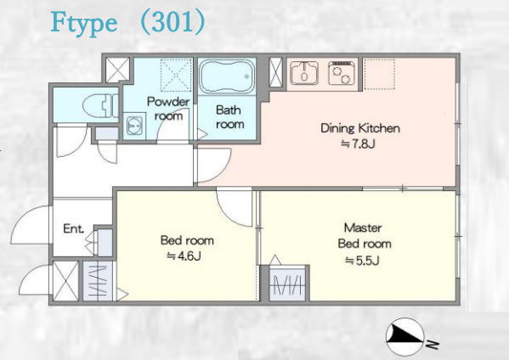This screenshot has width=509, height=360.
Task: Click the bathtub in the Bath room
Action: (227, 76)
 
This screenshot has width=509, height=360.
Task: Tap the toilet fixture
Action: (100, 105)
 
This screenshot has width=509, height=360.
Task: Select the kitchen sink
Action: (304, 73)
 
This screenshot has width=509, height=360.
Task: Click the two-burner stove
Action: (341, 73)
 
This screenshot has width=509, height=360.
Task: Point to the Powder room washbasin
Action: (134, 126)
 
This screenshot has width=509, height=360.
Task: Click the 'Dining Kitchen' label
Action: (360, 128)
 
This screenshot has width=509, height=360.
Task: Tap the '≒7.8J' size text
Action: (358, 143)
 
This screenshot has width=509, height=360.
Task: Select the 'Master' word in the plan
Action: (363, 228)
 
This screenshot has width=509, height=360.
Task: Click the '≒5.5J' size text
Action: (362, 260)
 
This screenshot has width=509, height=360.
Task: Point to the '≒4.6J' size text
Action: (184, 256)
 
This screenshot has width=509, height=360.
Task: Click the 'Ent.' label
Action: (74, 228)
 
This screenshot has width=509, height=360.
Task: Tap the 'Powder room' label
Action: (168, 109)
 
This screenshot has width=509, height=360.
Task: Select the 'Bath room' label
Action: (229, 117)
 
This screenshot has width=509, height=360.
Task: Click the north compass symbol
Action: (405, 337)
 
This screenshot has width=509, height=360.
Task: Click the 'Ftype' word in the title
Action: (84, 23)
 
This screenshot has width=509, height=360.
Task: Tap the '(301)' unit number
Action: (173, 22)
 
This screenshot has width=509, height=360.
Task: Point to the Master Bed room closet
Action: (287, 284)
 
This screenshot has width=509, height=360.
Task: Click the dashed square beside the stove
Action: (379, 74)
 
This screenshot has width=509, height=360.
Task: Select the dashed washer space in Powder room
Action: (175, 75)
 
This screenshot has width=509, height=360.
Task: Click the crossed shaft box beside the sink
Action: (276, 72)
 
